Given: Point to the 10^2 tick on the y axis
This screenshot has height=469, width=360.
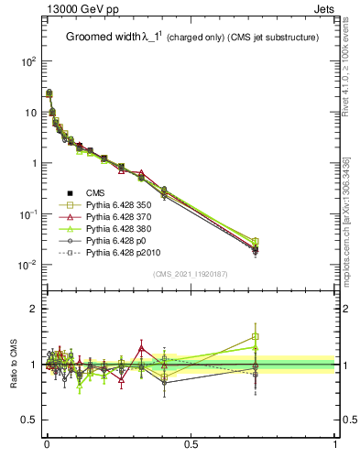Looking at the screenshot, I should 28,61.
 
